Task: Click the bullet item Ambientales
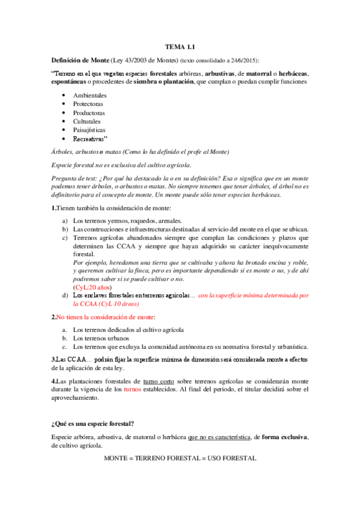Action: [x=90, y=96]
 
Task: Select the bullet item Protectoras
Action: [x=88, y=104]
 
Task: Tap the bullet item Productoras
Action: [x=88, y=112]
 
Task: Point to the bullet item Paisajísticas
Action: [x=89, y=129]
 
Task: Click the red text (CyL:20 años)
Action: [x=91, y=287]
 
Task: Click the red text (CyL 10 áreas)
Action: [x=97, y=304]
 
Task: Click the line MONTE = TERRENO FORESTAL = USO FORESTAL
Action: [x=180, y=458]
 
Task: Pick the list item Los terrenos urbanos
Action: [x=99, y=338]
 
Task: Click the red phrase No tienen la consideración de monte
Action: [x=105, y=316]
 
